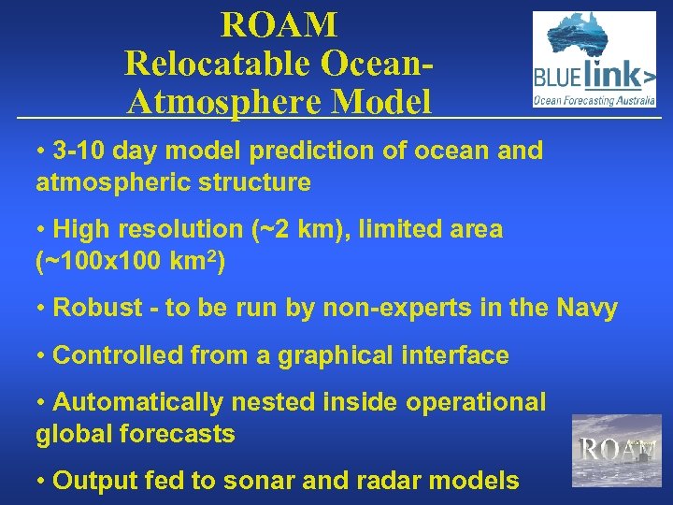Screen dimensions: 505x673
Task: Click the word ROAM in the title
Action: [x=279, y=24]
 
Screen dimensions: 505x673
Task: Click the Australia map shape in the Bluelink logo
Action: [x=594, y=35]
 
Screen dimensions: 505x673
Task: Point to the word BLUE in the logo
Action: [x=554, y=76]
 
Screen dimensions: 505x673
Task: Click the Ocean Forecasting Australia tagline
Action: [x=594, y=97]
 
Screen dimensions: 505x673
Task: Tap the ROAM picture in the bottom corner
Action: [x=616, y=450]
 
